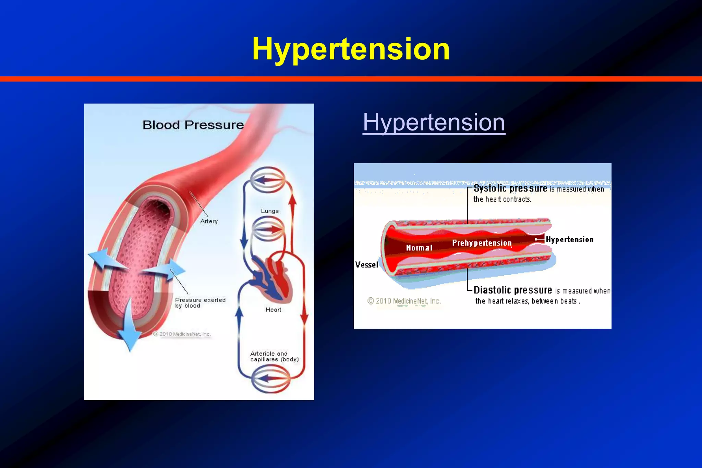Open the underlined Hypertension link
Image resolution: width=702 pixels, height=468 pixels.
click(x=434, y=122)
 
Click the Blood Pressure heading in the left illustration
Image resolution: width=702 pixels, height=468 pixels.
click(x=193, y=125)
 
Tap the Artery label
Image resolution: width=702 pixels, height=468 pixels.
click(x=209, y=221)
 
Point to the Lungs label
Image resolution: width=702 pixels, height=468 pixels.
click(x=270, y=211)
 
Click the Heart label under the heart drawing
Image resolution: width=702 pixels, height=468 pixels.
click(x=273, y=310)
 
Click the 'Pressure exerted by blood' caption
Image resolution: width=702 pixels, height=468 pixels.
click(x=200, y=303)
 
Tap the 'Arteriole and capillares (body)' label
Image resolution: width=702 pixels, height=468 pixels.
click(x=274, y=356)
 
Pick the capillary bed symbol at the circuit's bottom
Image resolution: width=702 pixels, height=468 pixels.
click(x=270, y=378)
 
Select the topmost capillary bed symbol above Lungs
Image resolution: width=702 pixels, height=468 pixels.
click(x=268, y=180)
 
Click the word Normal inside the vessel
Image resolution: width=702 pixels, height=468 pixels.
click(x=419, y=248)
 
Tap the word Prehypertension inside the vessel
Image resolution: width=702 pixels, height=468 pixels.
click(x=482, y=243)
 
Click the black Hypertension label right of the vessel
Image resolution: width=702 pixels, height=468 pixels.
click(x=569, y=239)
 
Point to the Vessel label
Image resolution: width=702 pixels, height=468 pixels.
click(x=366, y=265)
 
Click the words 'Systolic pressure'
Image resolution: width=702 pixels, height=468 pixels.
click(x=510, y=188)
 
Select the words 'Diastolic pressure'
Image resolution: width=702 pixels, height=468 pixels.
click(x=512, y=290)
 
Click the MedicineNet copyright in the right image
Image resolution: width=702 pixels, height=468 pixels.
click(x=404, y=301)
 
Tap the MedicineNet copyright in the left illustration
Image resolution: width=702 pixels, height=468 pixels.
click(x=182, y=334)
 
